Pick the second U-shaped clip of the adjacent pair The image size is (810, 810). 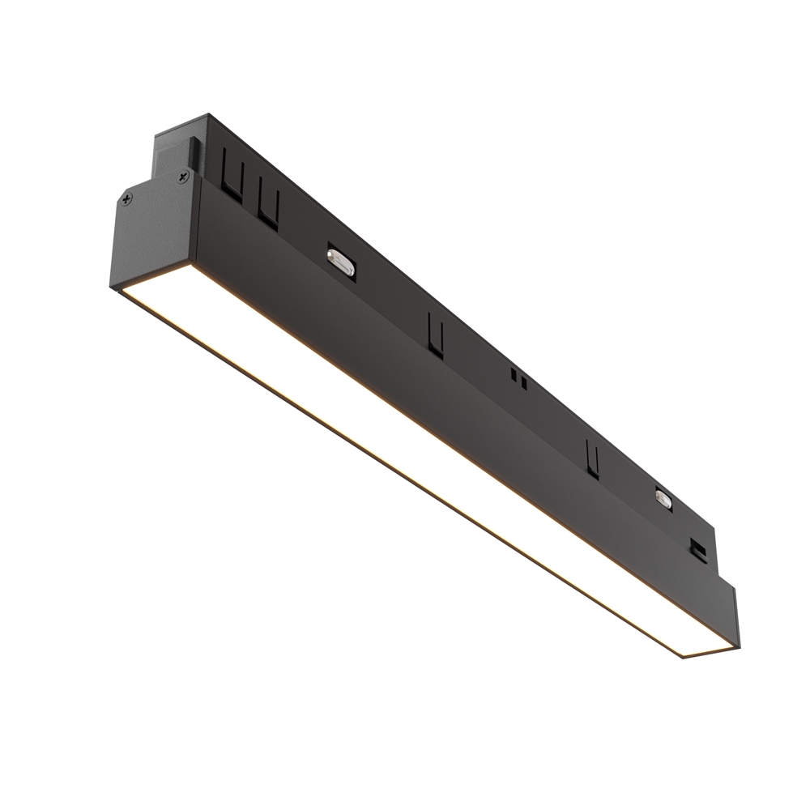[x=269, y=207]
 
